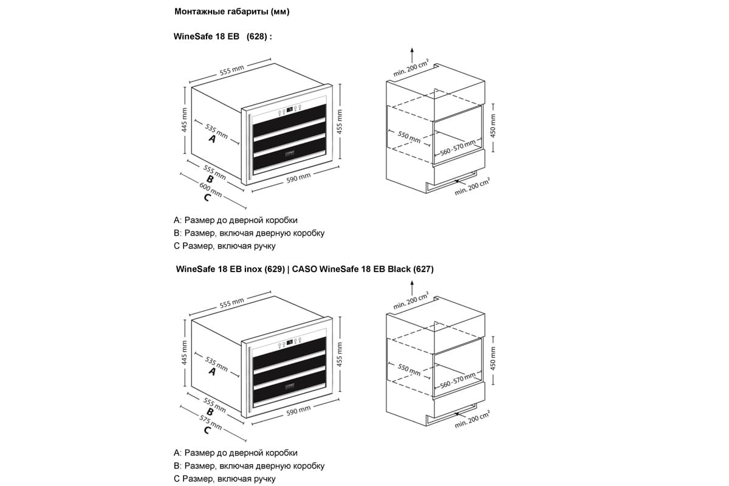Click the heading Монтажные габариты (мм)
click(x=231, y=12)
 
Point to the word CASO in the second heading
click(x=304, y=269)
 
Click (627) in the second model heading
click(x=423, y=269)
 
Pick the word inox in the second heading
click(x=252, y=269)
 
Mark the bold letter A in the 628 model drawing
click(x=212, y=139)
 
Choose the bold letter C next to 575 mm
click(x=207, y=431)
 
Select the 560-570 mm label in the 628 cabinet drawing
click(x=457, y=148)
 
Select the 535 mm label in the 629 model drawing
click(x=216, y=364)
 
